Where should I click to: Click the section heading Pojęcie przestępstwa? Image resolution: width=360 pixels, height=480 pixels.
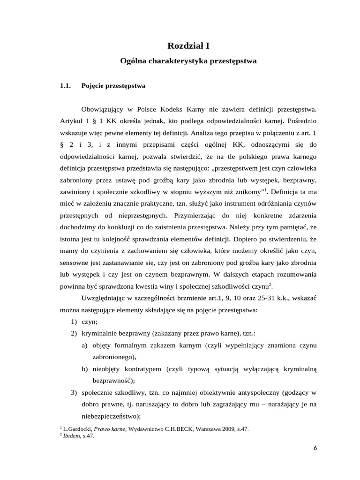113,86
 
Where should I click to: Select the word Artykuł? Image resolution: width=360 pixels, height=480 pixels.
72,121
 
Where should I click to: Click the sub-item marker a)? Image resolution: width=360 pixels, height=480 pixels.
84,346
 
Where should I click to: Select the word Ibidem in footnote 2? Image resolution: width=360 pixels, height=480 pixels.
71,435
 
